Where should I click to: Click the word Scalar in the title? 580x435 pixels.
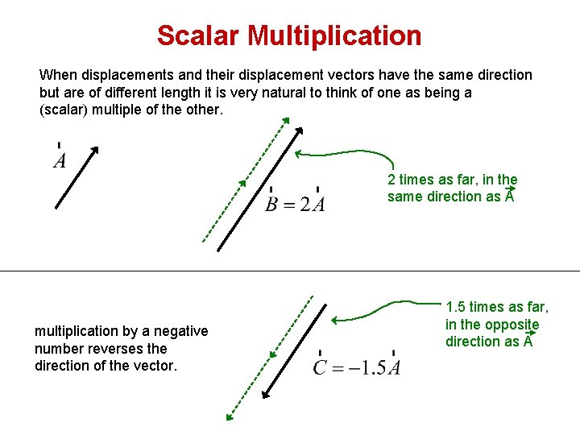tap(198, 35)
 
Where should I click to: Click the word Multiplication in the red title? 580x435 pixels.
tap(335, 35)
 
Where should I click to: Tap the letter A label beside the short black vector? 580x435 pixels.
tap(60, 161)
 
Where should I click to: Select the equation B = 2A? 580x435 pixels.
tap(296, 203)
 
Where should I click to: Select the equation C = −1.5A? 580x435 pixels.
tap(357, 368)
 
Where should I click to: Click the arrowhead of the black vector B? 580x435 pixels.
tap(300, 130)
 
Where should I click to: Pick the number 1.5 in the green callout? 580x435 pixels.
tap(456, 307)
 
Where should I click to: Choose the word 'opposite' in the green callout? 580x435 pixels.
tap(513, 325)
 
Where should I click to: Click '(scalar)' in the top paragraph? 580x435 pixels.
tap(64, 110)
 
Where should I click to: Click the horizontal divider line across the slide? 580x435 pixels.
tap(290, 271)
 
